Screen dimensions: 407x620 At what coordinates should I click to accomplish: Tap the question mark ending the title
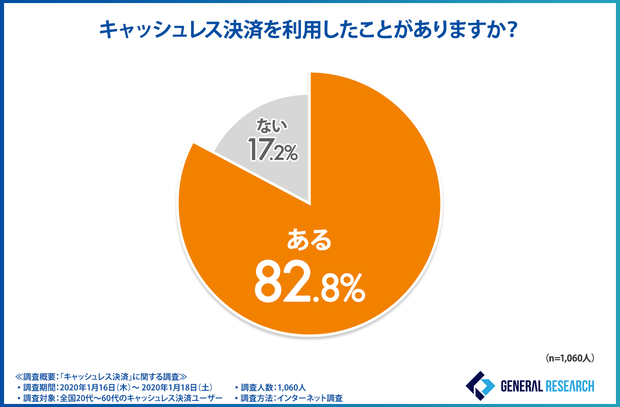click(512, 31)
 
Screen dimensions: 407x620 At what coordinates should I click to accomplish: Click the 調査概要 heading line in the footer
click(102, 377)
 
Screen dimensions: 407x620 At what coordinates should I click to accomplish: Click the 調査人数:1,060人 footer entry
click(272, 388)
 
